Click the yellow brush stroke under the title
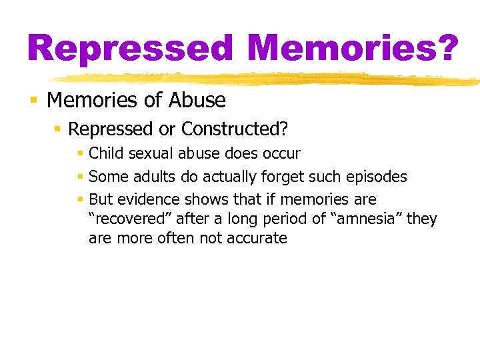(x=267, y=79)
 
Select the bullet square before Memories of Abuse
(x=33, y=101)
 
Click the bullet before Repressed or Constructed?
(x=58, y=129)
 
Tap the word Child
(x=106, y=153)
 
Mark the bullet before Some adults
(x=80, y=177)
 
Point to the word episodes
(x=375, y=177)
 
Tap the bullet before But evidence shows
(x=80, y=199)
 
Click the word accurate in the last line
(x=257, y=238)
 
